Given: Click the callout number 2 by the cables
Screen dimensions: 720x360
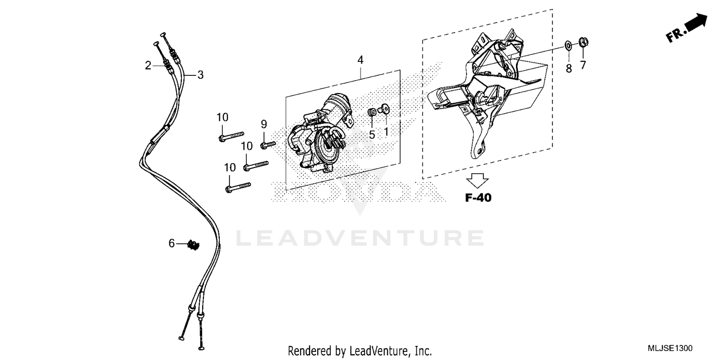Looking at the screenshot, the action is [x=148, y=66].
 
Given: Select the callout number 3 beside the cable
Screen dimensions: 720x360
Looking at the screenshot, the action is [x=200, y=75].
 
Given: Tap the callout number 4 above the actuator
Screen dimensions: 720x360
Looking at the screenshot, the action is [x=360, y=60].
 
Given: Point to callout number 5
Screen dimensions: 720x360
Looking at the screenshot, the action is [x=372, y=135].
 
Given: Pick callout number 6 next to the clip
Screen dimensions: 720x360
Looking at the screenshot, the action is [x=171, y=244].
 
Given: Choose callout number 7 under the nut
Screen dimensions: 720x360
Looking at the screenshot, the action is [x=583, y=65].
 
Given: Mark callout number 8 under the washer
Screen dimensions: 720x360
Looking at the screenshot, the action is [x=569, y=69].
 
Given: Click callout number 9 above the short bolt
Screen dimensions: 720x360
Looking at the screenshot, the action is [x=264, y=124].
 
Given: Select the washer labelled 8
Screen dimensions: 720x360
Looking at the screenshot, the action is [x=568, y=46].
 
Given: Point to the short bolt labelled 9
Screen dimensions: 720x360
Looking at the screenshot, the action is [x=268, y=144].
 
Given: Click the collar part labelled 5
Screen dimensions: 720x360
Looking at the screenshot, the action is [x=372, y=112].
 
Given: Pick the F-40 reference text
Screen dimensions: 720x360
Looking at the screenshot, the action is [x=478, y=197].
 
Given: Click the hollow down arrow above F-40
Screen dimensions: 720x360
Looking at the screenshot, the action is [x=478, y=180].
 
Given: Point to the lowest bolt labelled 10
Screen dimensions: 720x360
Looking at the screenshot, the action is [x=238, y=186].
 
